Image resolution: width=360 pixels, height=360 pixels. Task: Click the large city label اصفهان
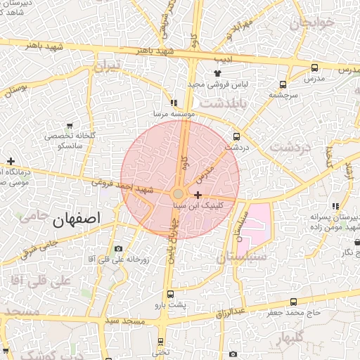[77, 219]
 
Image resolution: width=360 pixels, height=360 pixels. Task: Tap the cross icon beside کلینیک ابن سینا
[198, 195]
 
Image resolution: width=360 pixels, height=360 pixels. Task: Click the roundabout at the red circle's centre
[179, 193]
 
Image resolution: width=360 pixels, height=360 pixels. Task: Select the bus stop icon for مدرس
[314, 68]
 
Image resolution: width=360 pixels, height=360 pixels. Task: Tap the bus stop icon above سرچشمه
[283, 83]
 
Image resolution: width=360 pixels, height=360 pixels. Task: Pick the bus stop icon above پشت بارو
[169, 294]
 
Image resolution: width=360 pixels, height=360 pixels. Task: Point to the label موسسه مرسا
[174, 112]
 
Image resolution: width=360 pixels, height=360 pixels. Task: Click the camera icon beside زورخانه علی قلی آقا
[117, 249]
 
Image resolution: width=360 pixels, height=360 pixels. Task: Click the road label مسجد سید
[124, 321]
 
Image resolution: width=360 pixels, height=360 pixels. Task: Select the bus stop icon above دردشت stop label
[236, 137]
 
